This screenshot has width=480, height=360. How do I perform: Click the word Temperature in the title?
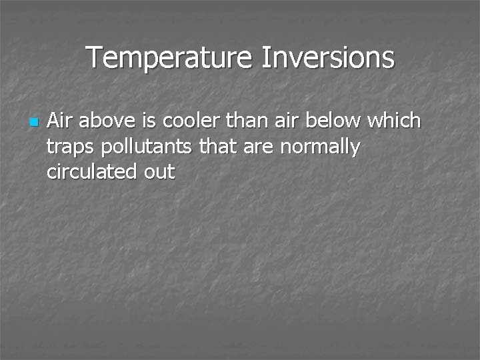point(170,58)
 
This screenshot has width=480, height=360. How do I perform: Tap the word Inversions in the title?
point(327,58)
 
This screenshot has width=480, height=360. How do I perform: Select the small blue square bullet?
point(33,123)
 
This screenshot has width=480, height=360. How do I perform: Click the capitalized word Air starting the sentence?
point(61,121)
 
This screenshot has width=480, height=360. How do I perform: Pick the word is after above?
point(148,121)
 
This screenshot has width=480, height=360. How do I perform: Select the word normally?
point(320,147)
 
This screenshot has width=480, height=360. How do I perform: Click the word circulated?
point(91,172)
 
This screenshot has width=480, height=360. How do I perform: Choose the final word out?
point(158,172)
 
